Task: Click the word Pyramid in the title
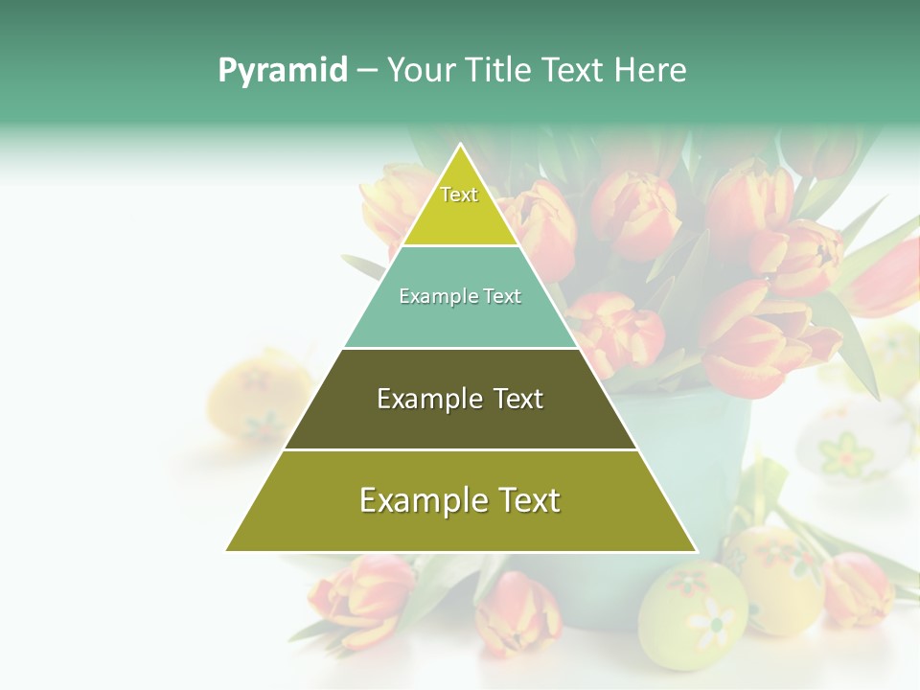(282, 71)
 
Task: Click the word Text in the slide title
(573, 71)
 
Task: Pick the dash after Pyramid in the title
(367, 71)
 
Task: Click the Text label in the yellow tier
(459, 195)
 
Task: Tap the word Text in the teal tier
(503, 297)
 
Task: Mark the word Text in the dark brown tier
(517, 399)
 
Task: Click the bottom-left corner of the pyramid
(226, 551)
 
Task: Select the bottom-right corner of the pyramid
(696, 551)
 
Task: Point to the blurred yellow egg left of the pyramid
(251, 398)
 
